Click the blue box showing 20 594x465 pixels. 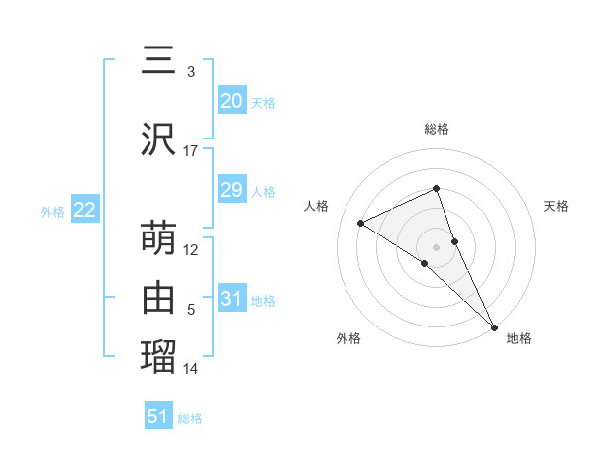pos(232,101)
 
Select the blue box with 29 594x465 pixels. pos(232,190)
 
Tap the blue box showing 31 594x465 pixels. pos(232,299)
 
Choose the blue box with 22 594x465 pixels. pos(84,210)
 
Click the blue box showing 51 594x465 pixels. pos(158,417)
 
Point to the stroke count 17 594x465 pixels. pos(191,151)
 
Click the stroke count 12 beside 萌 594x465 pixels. pos(191,250)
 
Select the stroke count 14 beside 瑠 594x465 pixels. pos(191,369)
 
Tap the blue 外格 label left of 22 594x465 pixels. pos(51,211)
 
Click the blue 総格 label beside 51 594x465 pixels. pos(190,418)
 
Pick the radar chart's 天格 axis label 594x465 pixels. pos(556,206)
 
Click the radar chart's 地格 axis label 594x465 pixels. pos(519,339)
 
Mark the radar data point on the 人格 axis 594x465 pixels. pos(361,223)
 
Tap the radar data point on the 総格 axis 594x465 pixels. pos(436,189)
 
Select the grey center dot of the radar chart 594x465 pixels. pos(436,246)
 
